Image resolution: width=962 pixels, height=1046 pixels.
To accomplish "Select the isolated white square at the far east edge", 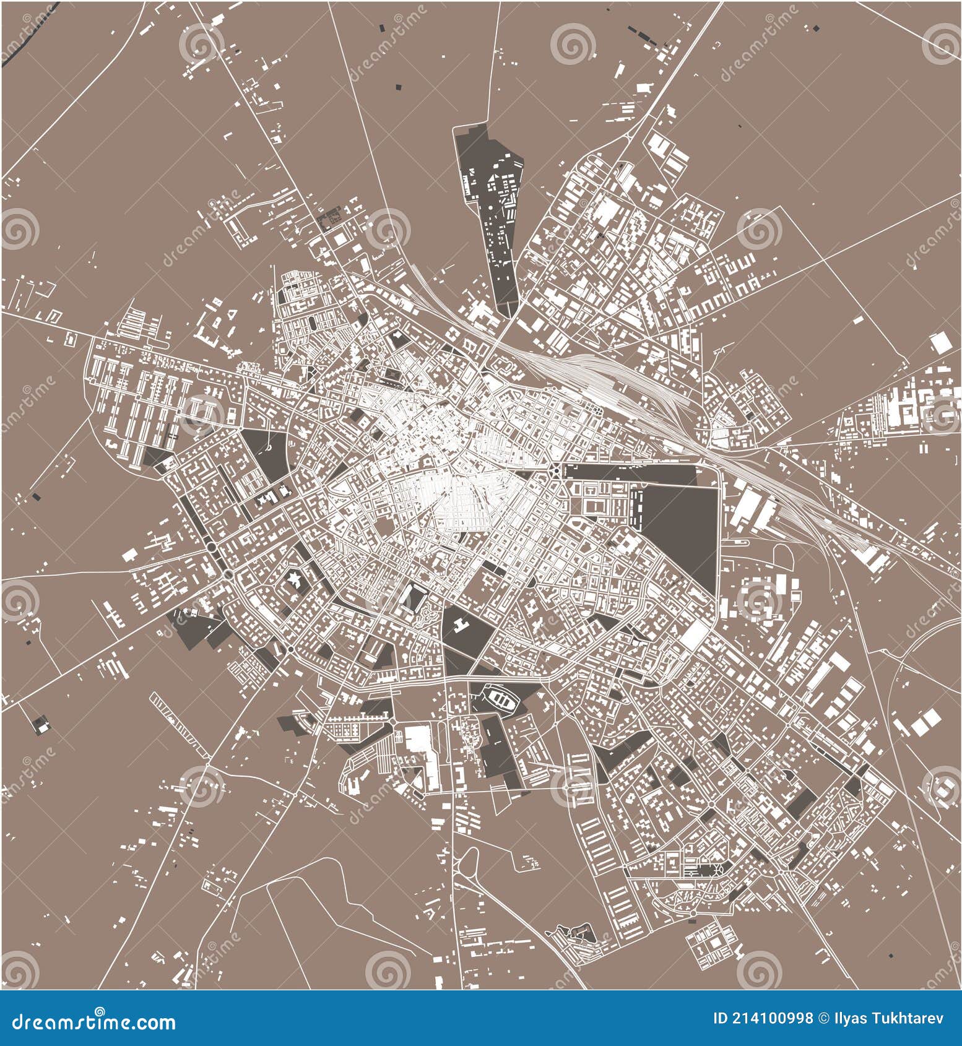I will tap(941, 342).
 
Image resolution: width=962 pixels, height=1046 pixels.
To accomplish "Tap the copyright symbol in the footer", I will tap(824, 1019).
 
